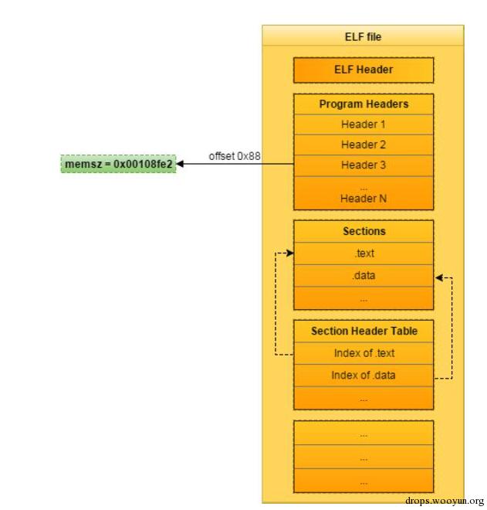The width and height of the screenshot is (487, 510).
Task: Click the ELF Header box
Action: pyautogui.click(x=363, y=70)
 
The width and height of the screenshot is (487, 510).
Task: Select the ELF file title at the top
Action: pyautogui.click(x=363, y=36)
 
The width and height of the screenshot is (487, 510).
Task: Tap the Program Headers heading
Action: pyautogui.click(x=364, y=104)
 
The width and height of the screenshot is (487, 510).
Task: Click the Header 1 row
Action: pyautogui.click(x=364, y=124)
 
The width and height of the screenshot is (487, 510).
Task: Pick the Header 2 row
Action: pyautogui.click(x=364, y=144)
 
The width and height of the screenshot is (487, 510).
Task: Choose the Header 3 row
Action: pyautogui.click(x=364, y=165)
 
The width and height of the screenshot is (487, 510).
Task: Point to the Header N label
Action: pyautogui.click(x=364, y=199)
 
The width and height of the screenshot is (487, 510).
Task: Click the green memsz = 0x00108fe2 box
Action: pyautogui.click(x=118, y=164)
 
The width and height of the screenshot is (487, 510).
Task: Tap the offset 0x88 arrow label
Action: pyautogui.click(x=235, y=156)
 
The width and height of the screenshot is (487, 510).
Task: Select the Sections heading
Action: pyautogui.click(x=364, y=231)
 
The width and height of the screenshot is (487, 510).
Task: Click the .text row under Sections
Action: pyautogui.click(x=364, y=253)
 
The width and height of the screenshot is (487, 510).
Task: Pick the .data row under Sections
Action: pyautogui.click(x=364, y=274)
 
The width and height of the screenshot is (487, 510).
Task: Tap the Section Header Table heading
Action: pyautogui.click(x=364, y=331)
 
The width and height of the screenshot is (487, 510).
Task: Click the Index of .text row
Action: pyautogui.click(x=364, y=353)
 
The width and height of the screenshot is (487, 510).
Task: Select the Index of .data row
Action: pyautogui.click(x=364, y=376)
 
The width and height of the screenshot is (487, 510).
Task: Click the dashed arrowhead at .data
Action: pyautogui.click(x=438, y=277)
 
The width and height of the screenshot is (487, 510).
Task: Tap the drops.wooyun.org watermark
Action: pyautogui.click(x=444, y=500)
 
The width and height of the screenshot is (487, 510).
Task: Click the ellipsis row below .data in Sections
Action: pyautogui.click(x=364, y=297)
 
